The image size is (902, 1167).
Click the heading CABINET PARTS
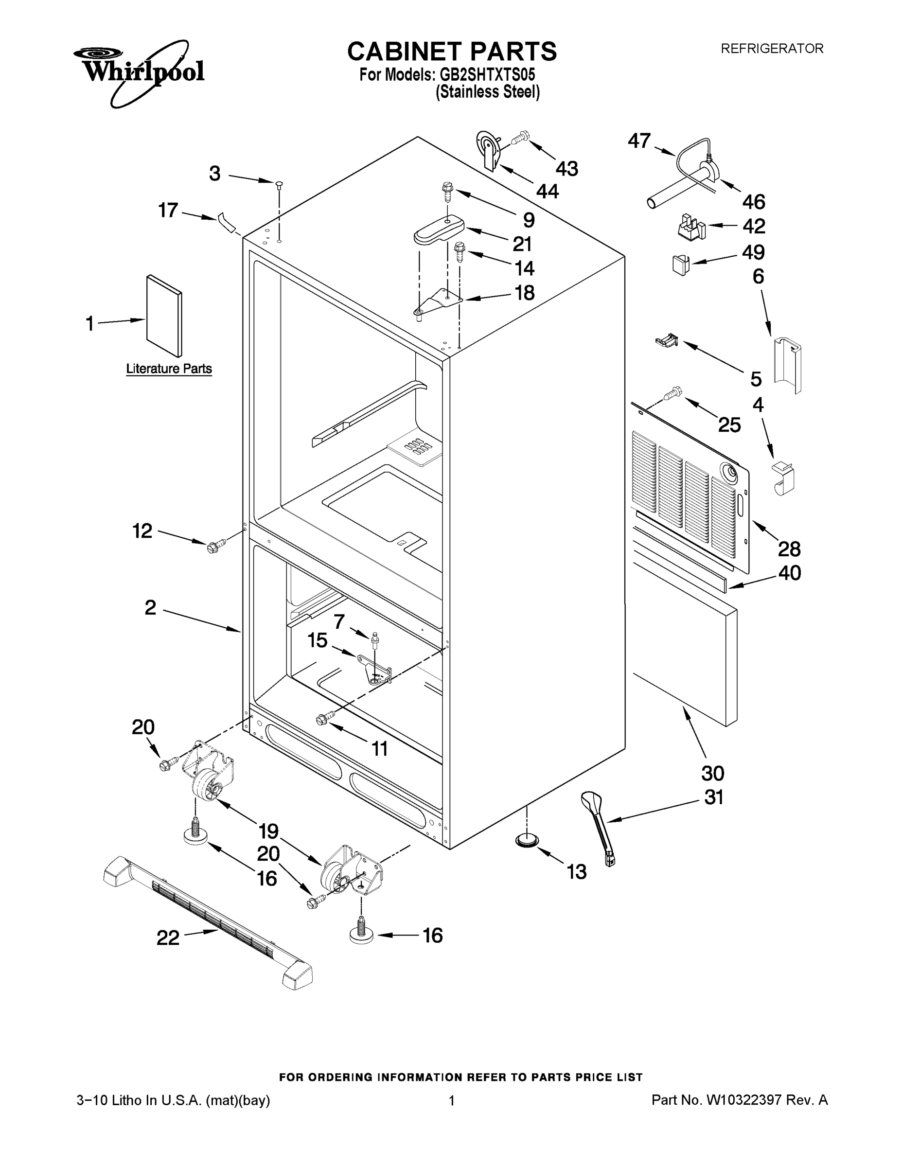point(452,52)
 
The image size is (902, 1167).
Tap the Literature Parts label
point(169,369)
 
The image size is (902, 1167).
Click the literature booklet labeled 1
point(164,315)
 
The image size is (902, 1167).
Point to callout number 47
point(638,141)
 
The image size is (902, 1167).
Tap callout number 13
point(576,872)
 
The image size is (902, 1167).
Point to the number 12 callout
point(142,530)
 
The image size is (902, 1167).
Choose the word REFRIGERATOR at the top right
point(772,49)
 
